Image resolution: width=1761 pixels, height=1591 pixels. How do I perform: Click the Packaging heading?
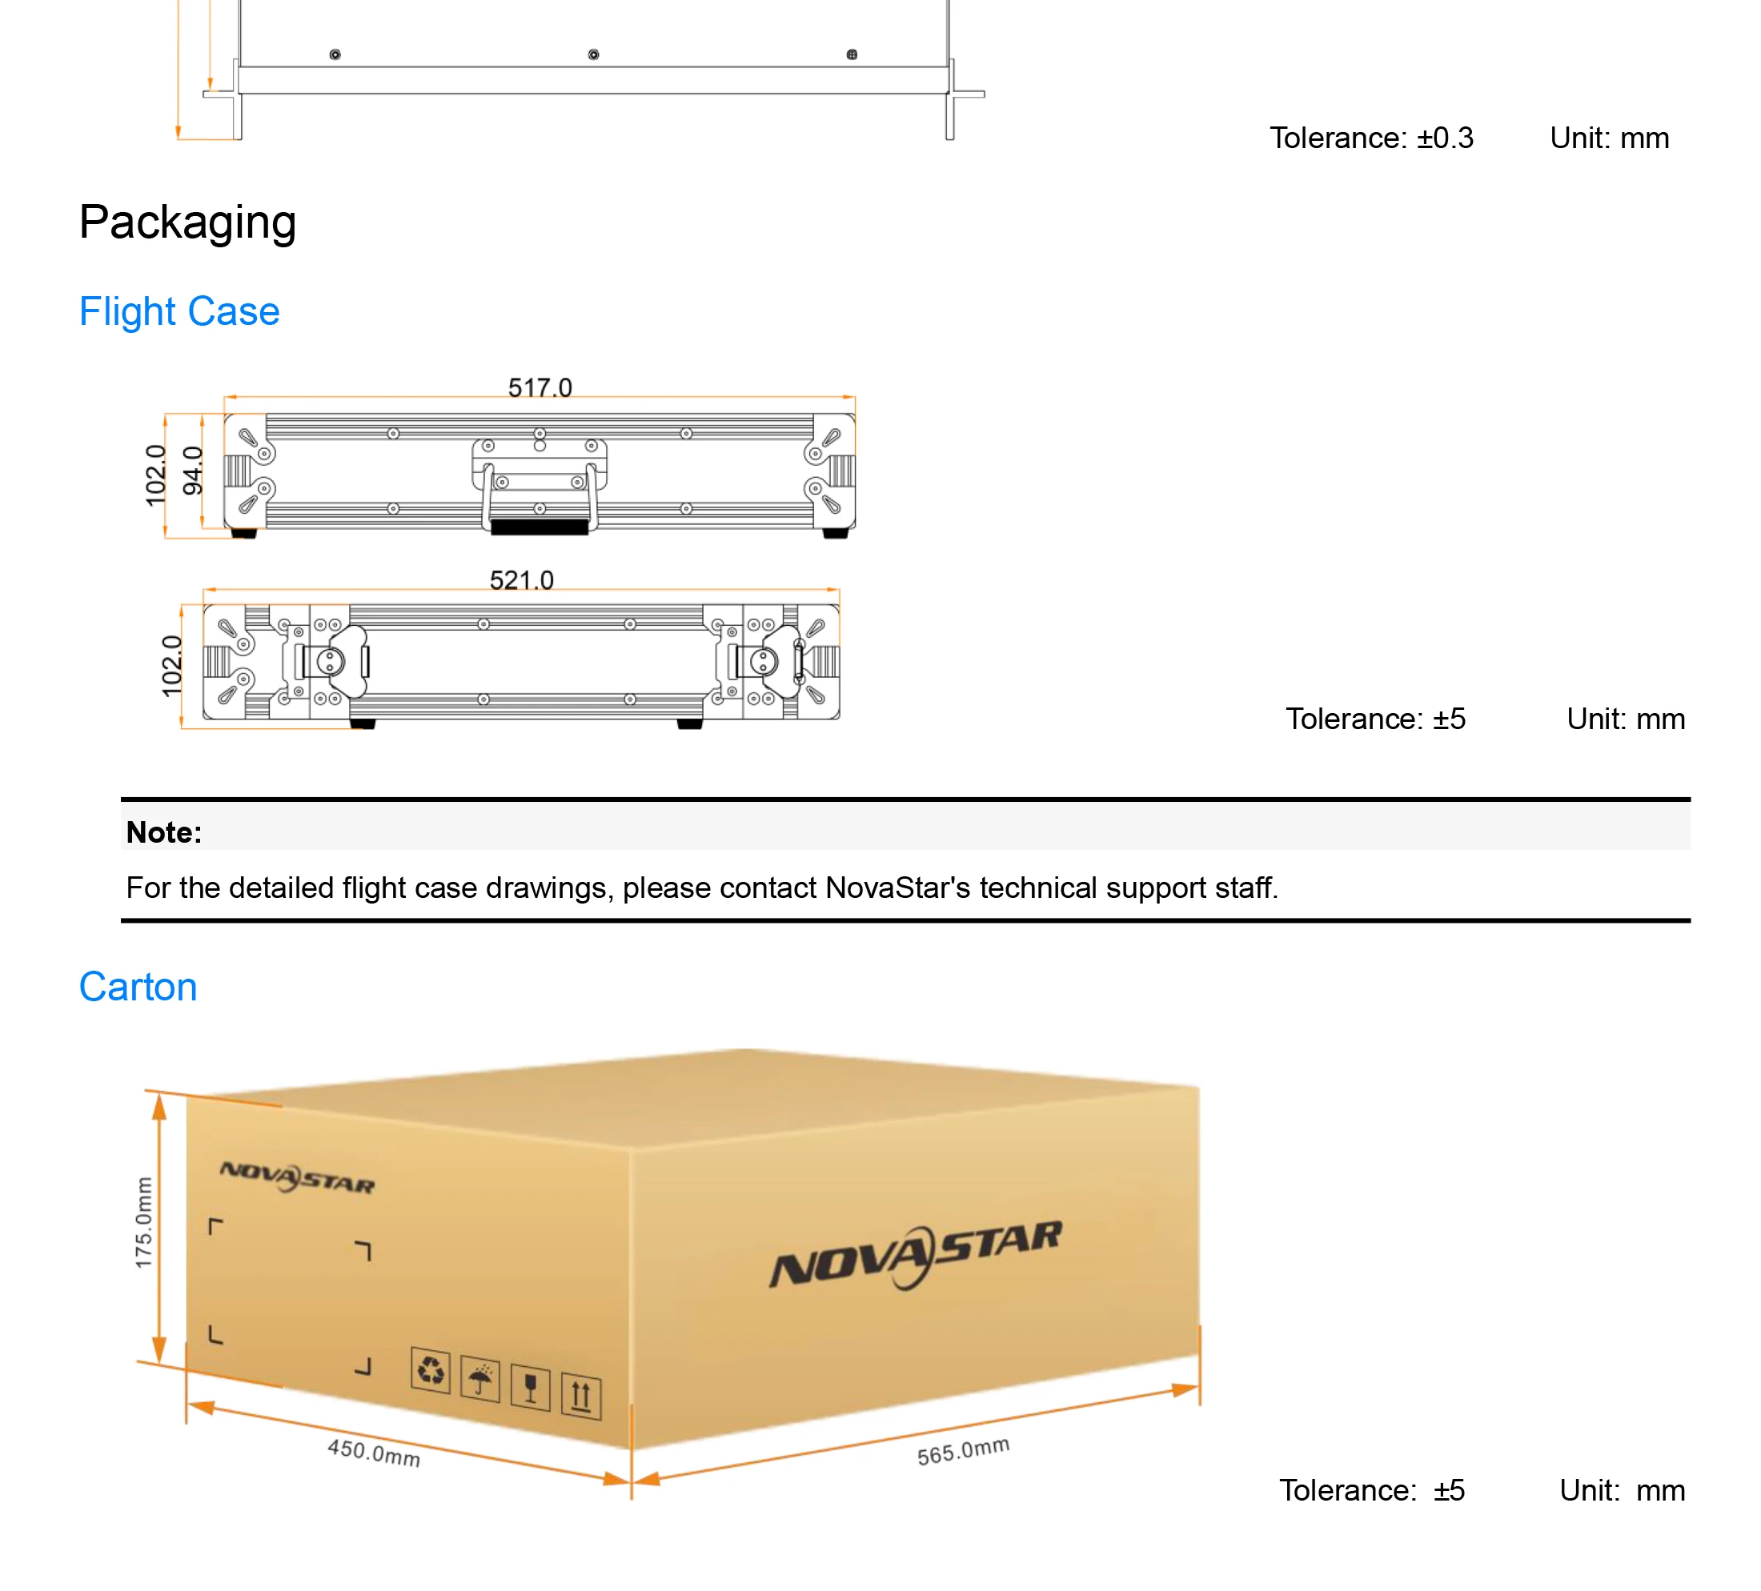click(x=188, y=222)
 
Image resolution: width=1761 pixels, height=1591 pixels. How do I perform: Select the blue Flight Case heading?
click(x=179, y=312)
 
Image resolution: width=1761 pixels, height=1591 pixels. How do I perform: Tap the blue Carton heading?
click(x=138, y=988)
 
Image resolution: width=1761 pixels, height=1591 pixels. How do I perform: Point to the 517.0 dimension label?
click(x=540, y=387)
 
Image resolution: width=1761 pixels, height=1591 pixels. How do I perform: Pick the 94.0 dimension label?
click(x=192, y=470)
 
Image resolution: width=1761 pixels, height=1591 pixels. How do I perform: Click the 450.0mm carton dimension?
click(x=374, y=1453)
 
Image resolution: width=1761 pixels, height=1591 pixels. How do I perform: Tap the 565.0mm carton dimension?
click(x=963, y=1450)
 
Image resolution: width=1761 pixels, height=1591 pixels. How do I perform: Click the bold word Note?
click(x=164, y=832)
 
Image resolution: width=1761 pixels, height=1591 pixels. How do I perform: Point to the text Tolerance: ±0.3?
click(x=1370, y=138)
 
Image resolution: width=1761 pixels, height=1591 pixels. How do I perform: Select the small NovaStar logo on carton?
click(x=297, y=1178)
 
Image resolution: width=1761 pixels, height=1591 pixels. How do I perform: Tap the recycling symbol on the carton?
click(x=431, y=1370)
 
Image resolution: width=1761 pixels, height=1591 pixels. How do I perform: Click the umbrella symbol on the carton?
click(x=479, y=1380)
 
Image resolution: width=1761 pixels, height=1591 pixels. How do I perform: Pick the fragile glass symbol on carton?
click(x=530, y=1387)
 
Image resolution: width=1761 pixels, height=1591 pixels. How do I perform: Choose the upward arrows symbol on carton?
click(x=581, y=1396)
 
